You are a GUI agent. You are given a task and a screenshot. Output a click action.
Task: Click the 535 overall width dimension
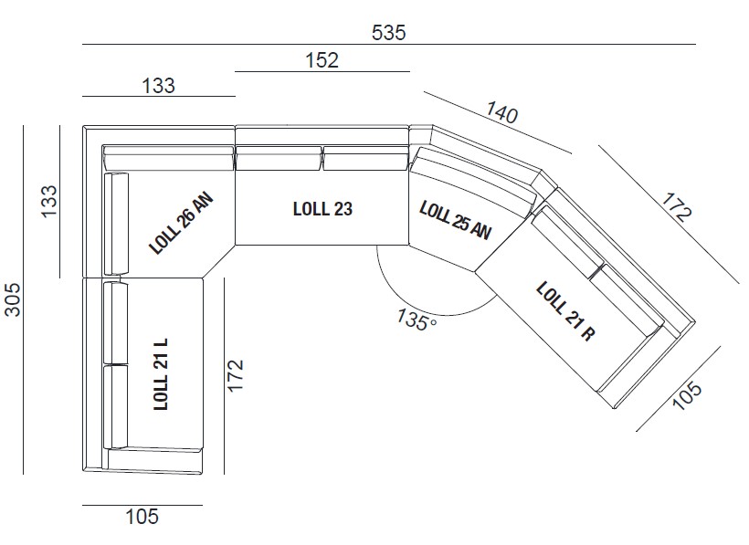click(x=388, y=32)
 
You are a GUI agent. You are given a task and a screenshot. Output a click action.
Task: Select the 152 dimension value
click(x=322, y=60)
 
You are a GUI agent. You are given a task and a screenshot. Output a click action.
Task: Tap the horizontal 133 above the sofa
click(x=158, y=86)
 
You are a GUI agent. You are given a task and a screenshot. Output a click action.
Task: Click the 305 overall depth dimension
click(x=13, y=299)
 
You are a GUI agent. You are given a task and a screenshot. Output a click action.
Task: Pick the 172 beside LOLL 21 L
click(x=236, y=375)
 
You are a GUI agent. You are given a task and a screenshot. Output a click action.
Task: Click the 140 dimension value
click(x=501, y=113)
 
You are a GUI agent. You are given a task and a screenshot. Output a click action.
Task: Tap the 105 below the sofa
click(x=141, y=518)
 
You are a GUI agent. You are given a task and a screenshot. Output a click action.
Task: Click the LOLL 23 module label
click(x=322, y=208)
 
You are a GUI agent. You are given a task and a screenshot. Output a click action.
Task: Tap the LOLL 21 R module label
click(x=565, y=310)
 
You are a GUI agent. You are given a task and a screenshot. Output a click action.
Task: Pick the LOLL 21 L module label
click(x=162, y=374)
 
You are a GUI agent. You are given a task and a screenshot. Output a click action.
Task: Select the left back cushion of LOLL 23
click(x=279, y=160)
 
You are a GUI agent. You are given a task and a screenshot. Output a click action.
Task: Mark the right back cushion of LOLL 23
click(x=364, y=160)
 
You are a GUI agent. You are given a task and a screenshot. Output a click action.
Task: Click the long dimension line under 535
click(x=388, y=44)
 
